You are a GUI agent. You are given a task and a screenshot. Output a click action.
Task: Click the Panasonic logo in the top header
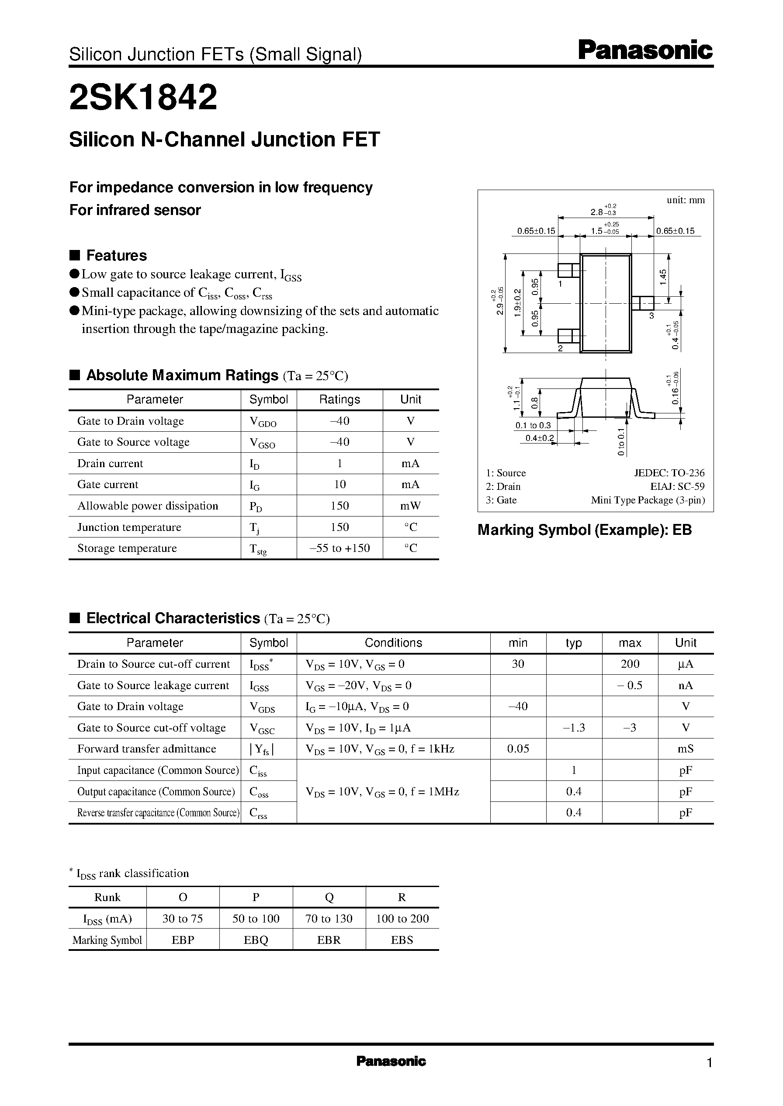tap(645, 50)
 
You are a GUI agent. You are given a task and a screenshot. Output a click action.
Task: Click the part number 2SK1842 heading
tap(143, 97)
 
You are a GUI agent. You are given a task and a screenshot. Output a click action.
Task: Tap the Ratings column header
tap(340, 399)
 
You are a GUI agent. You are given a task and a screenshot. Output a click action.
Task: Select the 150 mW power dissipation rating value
tap(340, 506)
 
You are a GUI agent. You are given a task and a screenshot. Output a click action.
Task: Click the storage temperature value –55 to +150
tap(340, 548)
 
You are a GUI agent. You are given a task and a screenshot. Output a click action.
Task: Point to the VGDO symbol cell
tap(263, 421)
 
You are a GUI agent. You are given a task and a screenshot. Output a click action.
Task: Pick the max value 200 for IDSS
tap(630, 664)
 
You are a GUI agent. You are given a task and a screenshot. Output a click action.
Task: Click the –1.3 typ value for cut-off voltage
tap(574, 728)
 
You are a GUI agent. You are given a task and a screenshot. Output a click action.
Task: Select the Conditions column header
tap(393, 643)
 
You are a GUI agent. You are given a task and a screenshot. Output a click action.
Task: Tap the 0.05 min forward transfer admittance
tap(518, 749)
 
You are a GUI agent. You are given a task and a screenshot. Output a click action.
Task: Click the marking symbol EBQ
tap(256, 940)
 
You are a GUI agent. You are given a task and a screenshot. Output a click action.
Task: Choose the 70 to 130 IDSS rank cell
tap(329, 919)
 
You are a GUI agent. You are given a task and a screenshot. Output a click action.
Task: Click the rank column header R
tap(402, 897)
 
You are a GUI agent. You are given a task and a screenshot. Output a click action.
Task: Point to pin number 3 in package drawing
tap(651, 316)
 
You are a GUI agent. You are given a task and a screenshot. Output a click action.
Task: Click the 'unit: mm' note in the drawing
tap(686, 200)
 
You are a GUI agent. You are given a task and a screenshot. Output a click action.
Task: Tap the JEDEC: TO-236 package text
tap(669, 473)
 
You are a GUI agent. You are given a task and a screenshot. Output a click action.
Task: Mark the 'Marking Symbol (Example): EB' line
tap(584, 530)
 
